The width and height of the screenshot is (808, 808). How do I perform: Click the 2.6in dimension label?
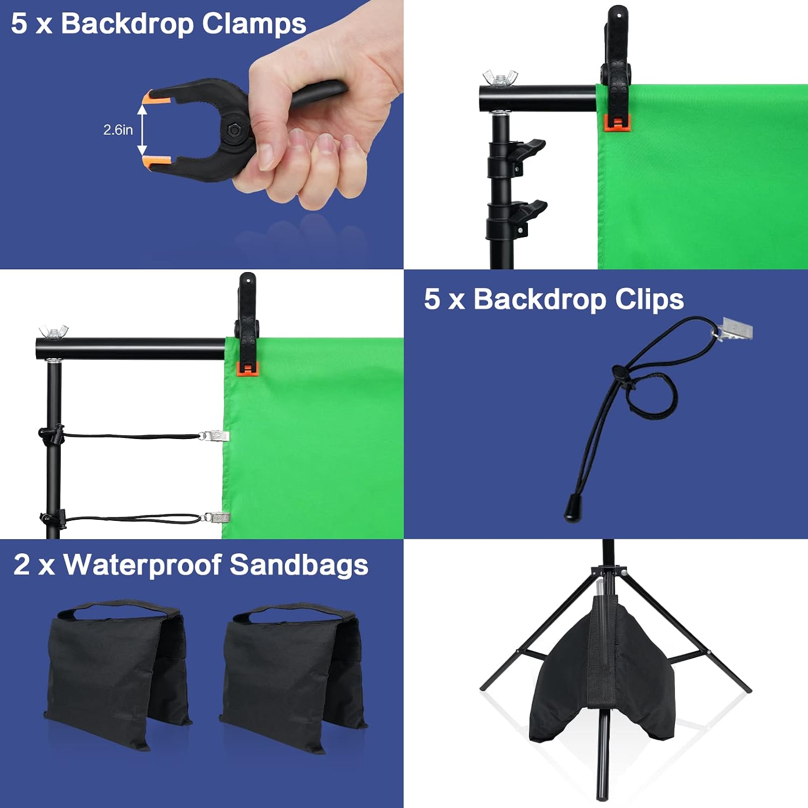click(x=118, y=130)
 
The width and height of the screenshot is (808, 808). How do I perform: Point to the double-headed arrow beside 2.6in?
click(x=142, y=130)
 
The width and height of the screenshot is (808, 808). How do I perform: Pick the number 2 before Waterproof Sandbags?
click(x=22, y=565)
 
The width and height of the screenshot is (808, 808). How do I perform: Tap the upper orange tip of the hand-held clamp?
click(x=156, y=97)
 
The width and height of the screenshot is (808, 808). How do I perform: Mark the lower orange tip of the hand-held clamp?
click(x=157, y=162)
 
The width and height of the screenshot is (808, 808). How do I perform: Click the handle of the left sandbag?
click(x=119, y=609)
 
